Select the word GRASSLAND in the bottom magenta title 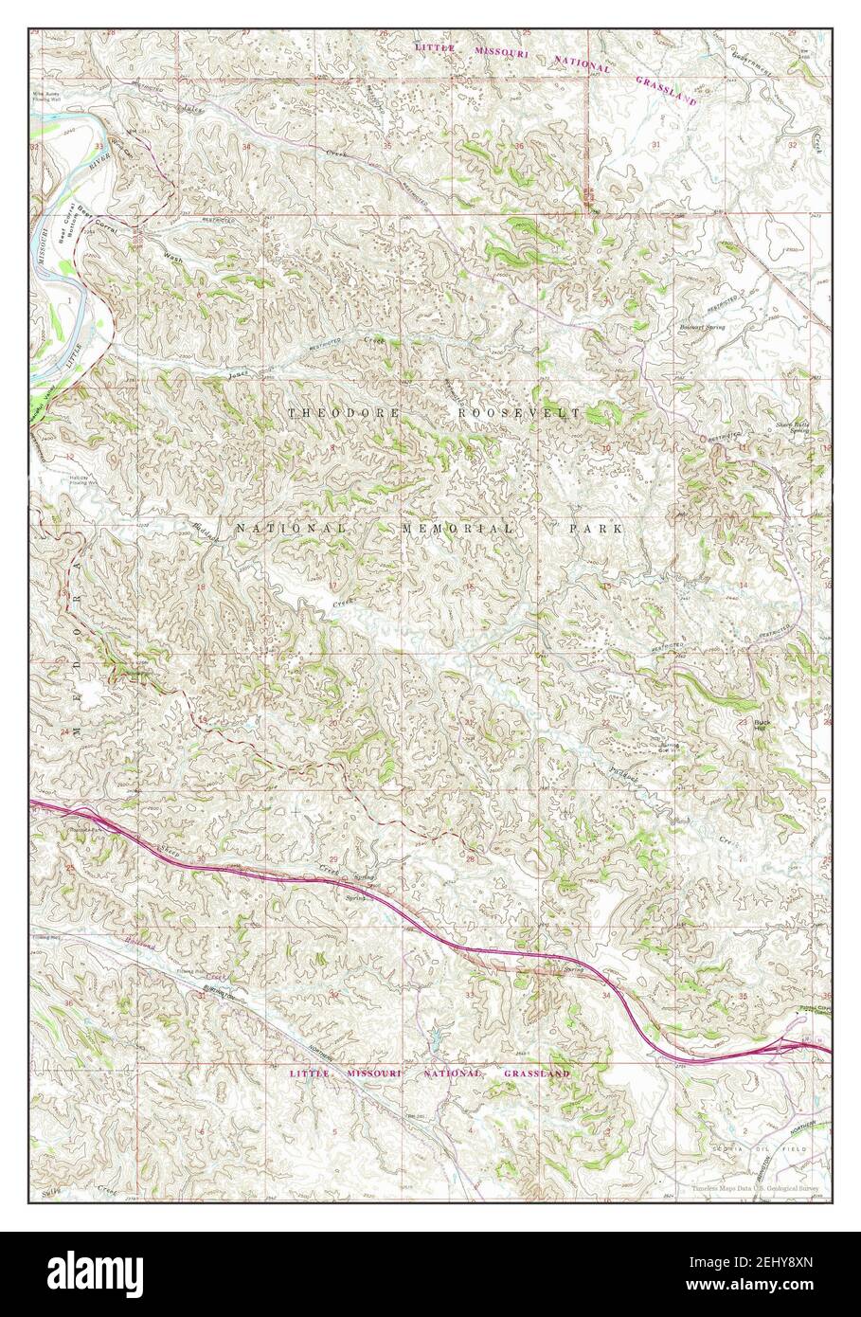click(536, 1073)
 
